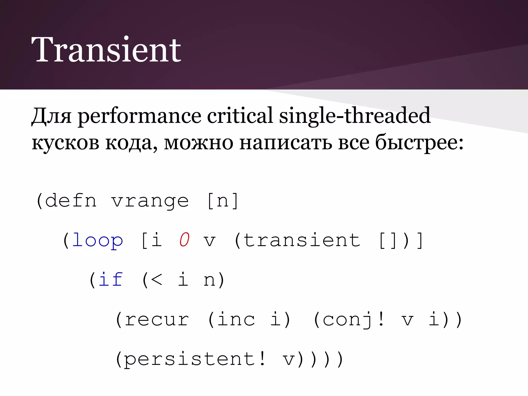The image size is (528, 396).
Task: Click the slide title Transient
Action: pyautogui.click(x=106, y=49)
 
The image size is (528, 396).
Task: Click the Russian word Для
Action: pyautogui.click(x=51, y=116)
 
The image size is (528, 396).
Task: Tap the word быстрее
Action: pyautogui.click(x=416, y=143)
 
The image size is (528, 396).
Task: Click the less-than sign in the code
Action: pyautogui.click(x=156, y=280)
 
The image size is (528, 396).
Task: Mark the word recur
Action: pyautogui.click(x=157, y=320)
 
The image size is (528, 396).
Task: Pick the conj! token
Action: pyautogui.click(x=353, y=320)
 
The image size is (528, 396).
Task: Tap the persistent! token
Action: pyautogui.click(x=195, y=359)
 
